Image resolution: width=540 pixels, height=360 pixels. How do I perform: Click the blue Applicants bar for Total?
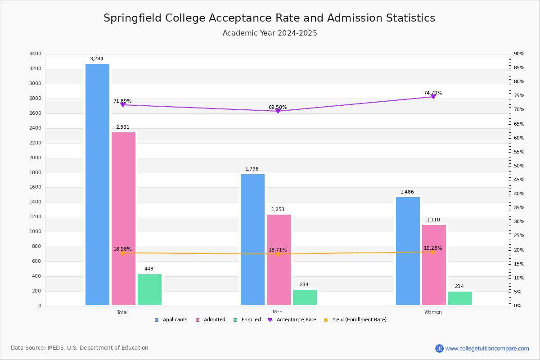[97, 184]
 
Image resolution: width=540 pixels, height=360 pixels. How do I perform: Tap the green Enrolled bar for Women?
[460, 298]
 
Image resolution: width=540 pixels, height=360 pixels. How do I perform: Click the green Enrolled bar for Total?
[149, 290]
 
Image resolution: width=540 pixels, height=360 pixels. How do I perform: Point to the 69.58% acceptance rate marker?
[278, 111]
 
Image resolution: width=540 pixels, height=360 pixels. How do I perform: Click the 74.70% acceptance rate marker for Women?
[433, 97]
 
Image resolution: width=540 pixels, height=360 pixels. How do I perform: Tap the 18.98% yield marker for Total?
[122, 253]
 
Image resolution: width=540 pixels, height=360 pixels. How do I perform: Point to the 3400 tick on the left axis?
[35, 54]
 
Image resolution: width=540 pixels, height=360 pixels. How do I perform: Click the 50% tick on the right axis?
[519, 166]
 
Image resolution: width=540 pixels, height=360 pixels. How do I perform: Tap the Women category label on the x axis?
[433, 312]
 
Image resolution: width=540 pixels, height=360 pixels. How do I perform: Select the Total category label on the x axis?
[122, 312]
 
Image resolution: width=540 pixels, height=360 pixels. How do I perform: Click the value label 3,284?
[97, 59]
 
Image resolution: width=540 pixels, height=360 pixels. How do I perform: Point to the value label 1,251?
[278, 210]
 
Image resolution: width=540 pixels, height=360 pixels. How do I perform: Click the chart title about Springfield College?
[270, 18]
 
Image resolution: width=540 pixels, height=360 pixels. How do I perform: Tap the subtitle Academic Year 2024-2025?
[270, 33]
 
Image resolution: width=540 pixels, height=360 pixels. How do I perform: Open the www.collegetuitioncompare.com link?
[487, 348]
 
